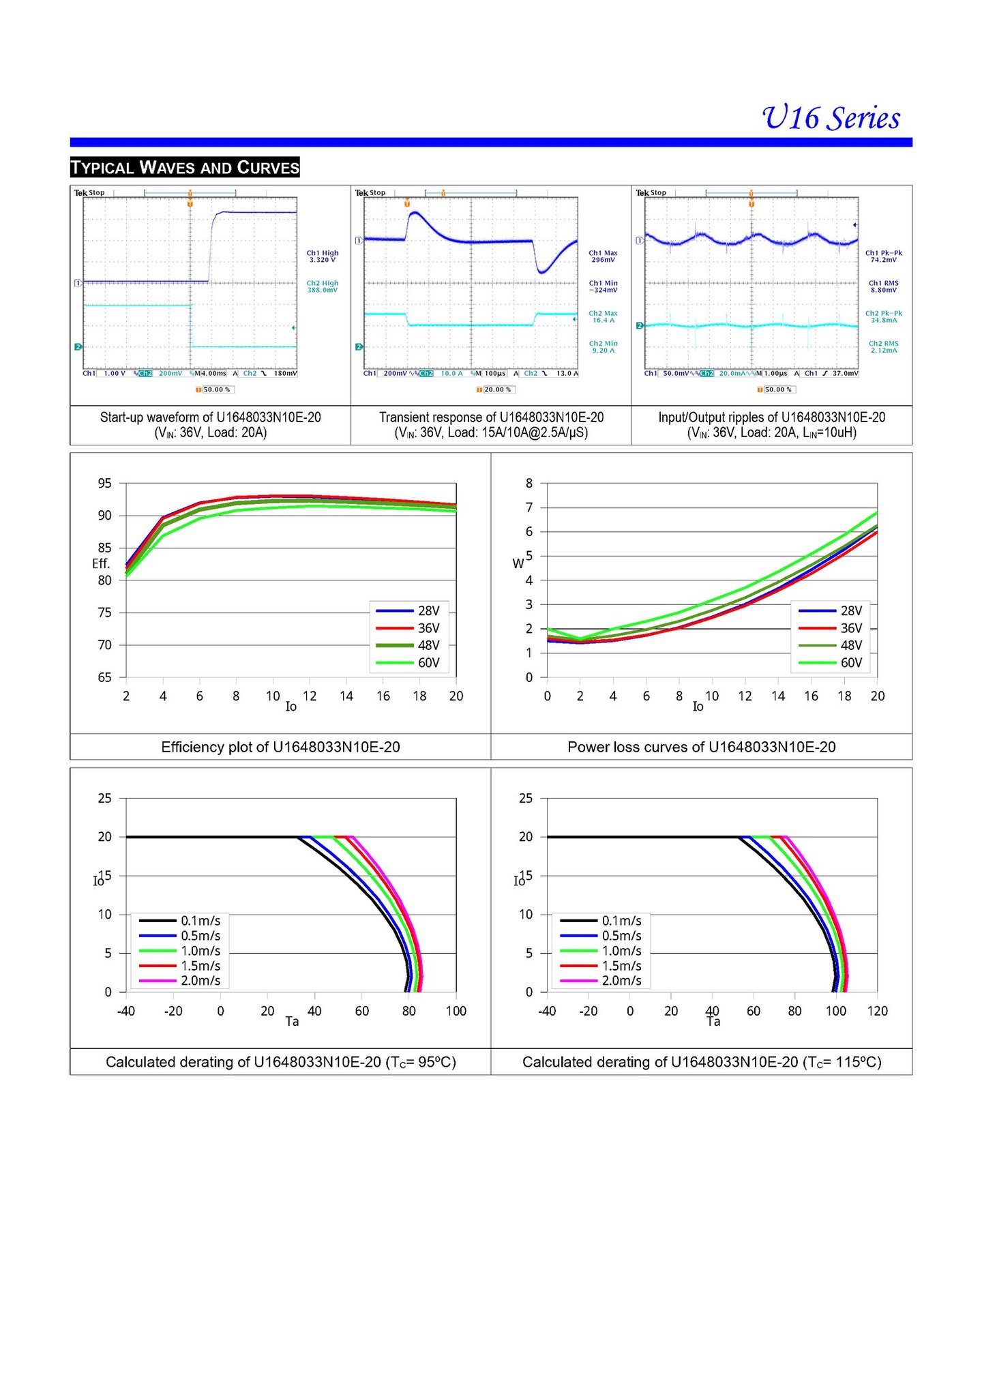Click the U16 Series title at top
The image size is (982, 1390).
pyautogui.click(x=831, y=118)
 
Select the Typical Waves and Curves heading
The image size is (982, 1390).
pyautogui.click(x=185, y=167)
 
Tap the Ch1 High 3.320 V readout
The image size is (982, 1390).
pyautogui.click(x=323, y=256)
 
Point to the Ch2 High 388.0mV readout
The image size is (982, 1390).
pyautogui.click(x=323, y=286)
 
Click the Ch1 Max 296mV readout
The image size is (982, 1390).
pyautogui.click(x=604, y=256)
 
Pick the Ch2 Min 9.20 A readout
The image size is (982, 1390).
pyautogui.click(x=604, y=347)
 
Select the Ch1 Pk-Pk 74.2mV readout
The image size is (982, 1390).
pyautogui.click(x=884, y=256)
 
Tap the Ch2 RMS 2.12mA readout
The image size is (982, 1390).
pyautogui.click(x=884, y=347)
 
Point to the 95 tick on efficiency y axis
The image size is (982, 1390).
pyautogui.click(x=104, y=484)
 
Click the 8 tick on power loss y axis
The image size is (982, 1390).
pyautogui.click(x=529, y=484)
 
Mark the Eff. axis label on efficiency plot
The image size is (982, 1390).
pyautogui.click(x=101, y=563)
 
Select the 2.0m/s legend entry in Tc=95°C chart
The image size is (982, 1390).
pyautogui.click(x=180, y=981)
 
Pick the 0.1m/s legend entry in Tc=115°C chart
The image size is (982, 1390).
pyautogui.click(x=601, y=921)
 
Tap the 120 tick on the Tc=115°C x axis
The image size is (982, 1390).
pyautogui.click(x=878, y=1011)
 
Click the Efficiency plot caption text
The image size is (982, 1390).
pyautogui.click(x=280, y=747)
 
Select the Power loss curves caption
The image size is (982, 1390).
pyautogui.click(x=702, y=747)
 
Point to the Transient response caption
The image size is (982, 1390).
pyautogui.click(x=491, y=425)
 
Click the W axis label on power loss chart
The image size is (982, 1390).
pyautogui.click(x=518, y=563)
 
